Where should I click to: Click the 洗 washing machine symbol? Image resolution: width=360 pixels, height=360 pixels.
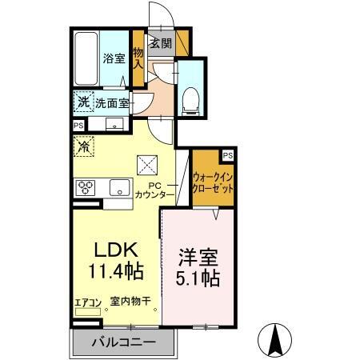82,102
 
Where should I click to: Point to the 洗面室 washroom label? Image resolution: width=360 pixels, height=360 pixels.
112,103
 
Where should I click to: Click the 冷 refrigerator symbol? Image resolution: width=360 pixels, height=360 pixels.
82,146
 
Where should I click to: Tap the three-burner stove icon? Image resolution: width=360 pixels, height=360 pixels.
85,188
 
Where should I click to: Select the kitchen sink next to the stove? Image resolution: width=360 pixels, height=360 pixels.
118,189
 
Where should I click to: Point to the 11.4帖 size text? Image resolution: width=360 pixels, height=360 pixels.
117,272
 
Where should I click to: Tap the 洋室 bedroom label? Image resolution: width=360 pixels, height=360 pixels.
198,259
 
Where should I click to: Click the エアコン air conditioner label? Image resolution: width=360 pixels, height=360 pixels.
87,302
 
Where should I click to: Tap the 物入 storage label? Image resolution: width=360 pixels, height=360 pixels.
138,57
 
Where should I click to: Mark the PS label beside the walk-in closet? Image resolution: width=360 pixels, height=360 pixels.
228,154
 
